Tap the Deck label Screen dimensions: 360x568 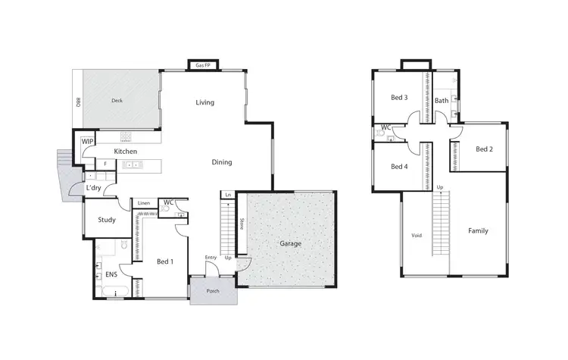coord(117,100)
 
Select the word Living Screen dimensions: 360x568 coord(204,102)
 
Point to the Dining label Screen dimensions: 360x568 coord(221,162)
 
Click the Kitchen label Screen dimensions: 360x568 coord(125,152)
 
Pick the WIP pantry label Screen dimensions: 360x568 coord(87,141)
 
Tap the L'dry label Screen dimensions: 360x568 coord(94,187)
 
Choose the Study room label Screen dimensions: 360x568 coord(107,221)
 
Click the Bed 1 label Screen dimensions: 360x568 coord(165,261)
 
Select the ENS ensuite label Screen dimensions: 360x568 coord(111,274)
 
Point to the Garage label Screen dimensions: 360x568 coord(290,243)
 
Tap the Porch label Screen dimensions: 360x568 coord(212,289)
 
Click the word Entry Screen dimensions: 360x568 coord(211,258)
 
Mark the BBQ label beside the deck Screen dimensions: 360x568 coord(78,101)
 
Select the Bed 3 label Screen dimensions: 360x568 coord(399,98)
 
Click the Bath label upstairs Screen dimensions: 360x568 coord(441,100)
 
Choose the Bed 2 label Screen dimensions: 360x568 coord(484,149)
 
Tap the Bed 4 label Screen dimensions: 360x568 coord(399,167)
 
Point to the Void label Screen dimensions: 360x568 coord(416,235)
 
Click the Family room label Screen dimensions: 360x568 coord(478,230)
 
